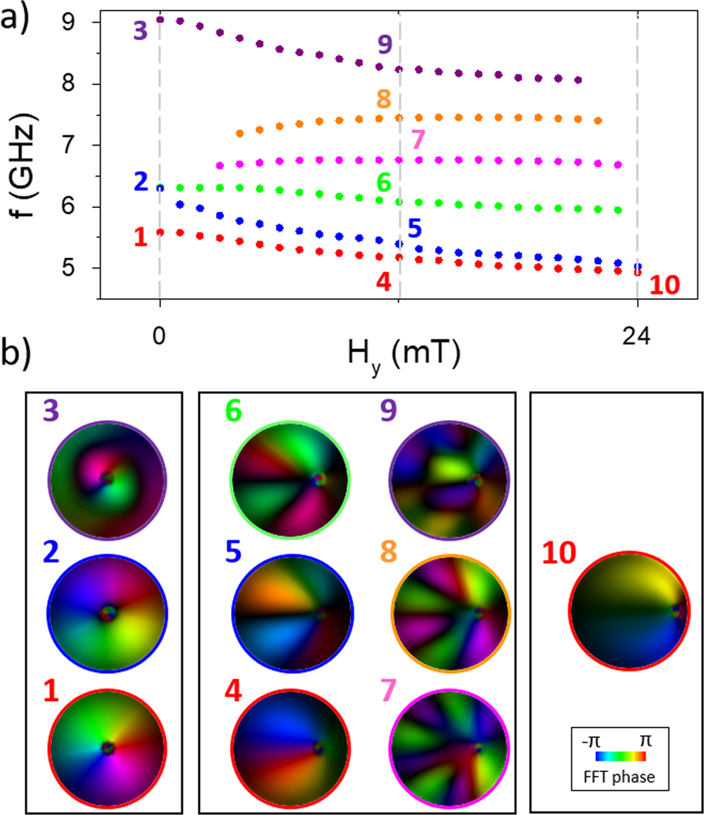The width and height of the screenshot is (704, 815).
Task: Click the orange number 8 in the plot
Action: (x=383, y=98)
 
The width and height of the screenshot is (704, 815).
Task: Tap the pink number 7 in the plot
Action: (x=418, y=138)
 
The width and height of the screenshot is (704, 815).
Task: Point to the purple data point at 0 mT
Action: (x=160, y=20)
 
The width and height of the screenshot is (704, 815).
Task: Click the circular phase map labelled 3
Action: (x=108, y=479)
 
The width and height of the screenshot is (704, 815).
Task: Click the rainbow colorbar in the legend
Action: (x=620, y=757)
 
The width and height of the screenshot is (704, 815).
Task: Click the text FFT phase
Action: (x=620, y=775)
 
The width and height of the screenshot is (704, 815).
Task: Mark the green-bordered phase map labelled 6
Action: (x=291, y=479)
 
